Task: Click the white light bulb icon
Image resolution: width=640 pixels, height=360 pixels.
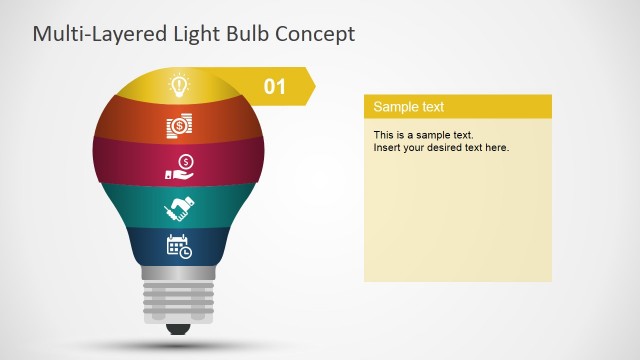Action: tap(179, 85)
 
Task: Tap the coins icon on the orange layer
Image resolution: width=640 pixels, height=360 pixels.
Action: tap(179, 126)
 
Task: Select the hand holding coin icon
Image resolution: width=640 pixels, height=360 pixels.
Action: tap(179, 167)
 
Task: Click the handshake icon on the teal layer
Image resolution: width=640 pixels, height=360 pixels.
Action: tap(179, 208)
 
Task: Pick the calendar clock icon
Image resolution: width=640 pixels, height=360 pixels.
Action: tap(179, 247)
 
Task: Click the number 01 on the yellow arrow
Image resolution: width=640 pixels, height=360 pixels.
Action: tap(275, 87)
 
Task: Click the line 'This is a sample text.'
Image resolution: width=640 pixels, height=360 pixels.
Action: tap(424, 134)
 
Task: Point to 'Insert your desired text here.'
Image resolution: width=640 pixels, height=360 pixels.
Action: tap(441, 148)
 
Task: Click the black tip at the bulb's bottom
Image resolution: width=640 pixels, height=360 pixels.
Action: tap(179, 328)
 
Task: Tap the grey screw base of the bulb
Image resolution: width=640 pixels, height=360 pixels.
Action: tap(179, 296)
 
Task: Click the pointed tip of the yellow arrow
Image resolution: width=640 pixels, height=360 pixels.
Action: tap(313, 87)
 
